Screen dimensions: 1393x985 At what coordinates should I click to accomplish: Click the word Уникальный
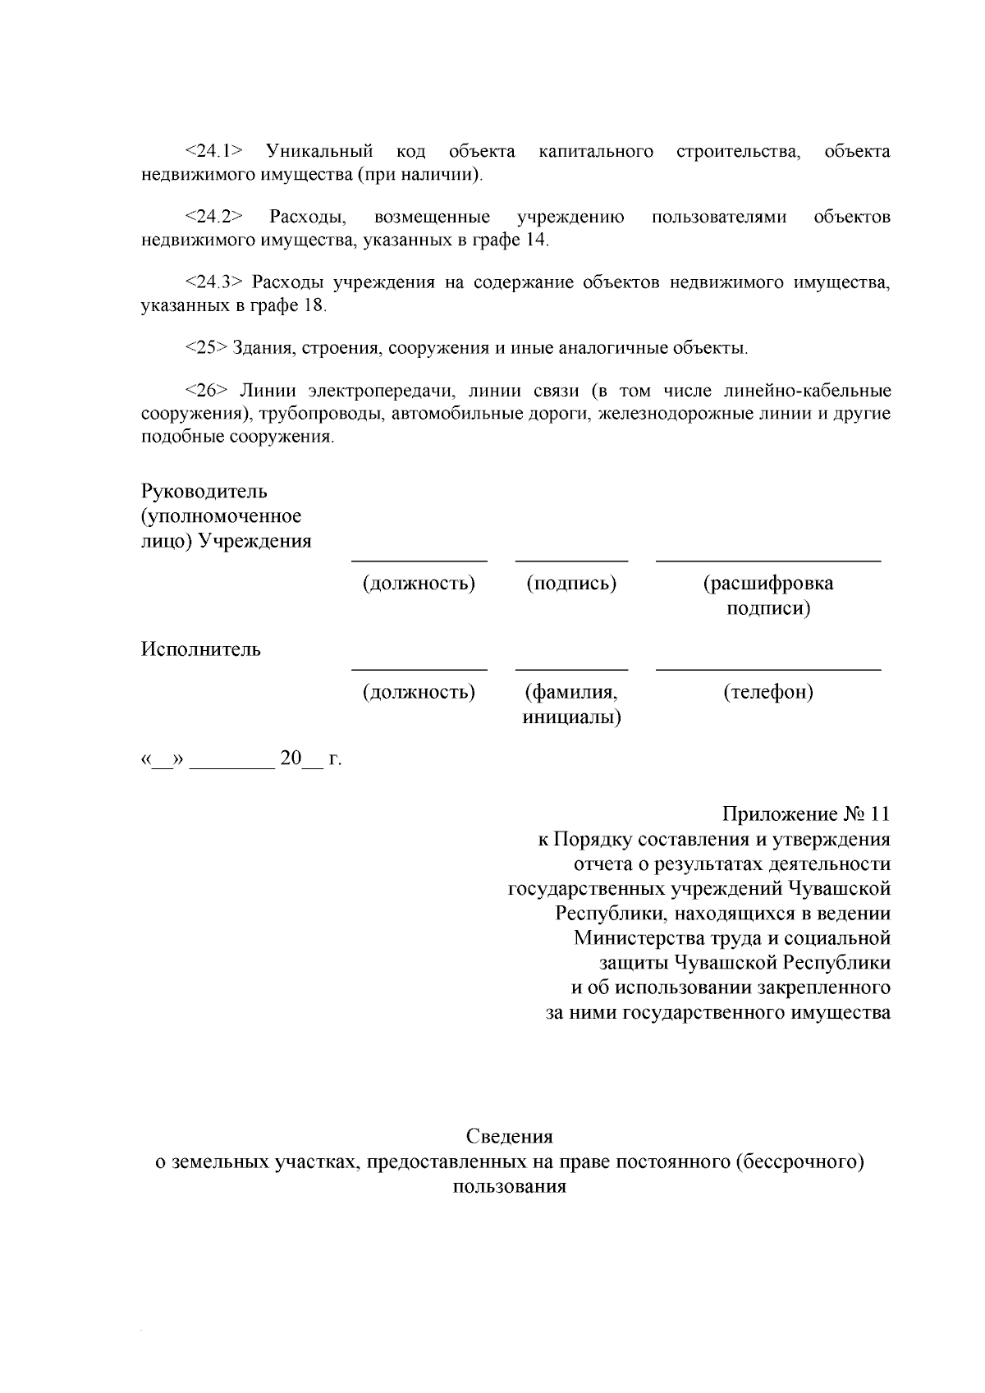[x=318, y=151]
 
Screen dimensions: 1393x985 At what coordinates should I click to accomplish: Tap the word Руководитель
[x=204, y=492]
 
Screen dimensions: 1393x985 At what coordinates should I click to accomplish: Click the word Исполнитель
[x=201, y=649]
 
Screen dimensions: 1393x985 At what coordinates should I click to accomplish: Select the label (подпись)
[x=571, y=584]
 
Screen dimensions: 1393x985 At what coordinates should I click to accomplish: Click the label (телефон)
[x=767, y=692]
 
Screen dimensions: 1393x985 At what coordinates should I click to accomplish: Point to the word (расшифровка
[x=767, y=584]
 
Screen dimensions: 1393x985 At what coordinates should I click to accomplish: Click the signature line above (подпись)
[x=571, y=561]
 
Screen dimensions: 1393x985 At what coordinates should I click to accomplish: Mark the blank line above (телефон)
[x=767, y=670]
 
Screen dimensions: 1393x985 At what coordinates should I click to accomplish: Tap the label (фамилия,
[x=571, y=692]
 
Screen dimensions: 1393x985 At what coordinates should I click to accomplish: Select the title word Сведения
[x=509, y=1137]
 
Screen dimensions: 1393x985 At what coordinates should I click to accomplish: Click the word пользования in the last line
[x=509, y=1186]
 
